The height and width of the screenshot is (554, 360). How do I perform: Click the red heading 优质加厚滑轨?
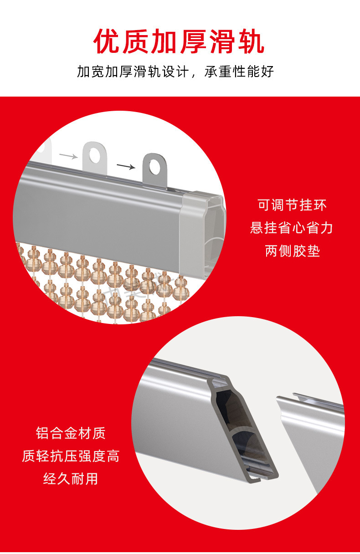pyautogui.click(x=179, y=41)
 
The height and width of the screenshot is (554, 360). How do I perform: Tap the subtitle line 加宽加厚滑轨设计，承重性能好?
pyautogui.click(x=175, y=72)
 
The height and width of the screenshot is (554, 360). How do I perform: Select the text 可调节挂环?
pyautogui.click(x=292, y=205)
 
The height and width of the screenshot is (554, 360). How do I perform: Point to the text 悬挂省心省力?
pyautogui.click(x=292, y=228)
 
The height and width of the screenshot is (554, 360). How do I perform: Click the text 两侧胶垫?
pyautogui.click(x=293, y=251)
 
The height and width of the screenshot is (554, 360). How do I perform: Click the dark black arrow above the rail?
pyautogui.click(x=126, y=166)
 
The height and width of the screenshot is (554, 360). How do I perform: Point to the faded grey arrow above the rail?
pyautogui.click(x=68, y=156)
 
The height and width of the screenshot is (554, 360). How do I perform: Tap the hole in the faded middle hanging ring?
pyautogui.click(x=95, y=155)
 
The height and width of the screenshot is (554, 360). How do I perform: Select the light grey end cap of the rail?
pyautogui.click(x=202, y=235)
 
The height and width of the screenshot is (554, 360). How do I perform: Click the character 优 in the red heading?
pyautogui.click(x=107, y=41)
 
